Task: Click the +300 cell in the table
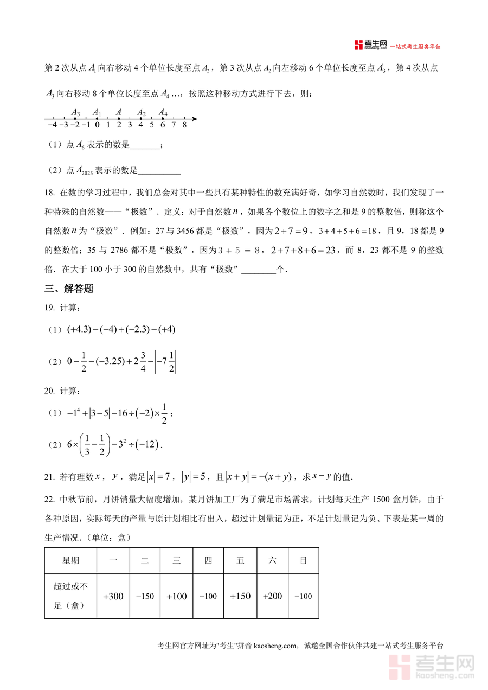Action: (113, 596)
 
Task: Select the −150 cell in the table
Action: (145, 596)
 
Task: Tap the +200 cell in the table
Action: (272, 596)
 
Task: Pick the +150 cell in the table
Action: (240, 596)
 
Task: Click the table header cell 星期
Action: (70, 560)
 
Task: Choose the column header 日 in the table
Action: (304, 560)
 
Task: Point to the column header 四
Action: (208, 560)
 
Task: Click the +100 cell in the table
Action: (177, 596)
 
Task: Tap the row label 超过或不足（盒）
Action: (70, 596)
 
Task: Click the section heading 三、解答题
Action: (69, 289)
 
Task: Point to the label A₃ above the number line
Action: (75, 113)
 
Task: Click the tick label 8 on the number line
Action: (184, 125)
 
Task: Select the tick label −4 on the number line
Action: (52, 125)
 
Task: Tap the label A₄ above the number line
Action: (163, 113)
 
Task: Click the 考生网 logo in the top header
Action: (370, 45)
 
